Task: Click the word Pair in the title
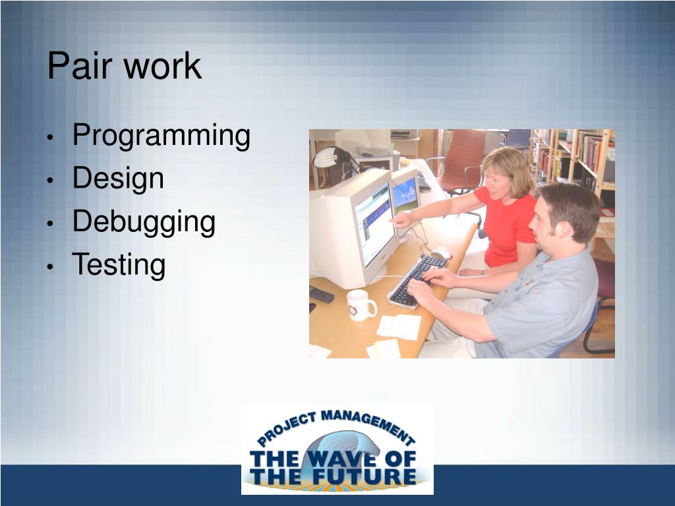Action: pos(80,65)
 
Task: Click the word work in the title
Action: pos(163,67)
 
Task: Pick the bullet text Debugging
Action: pos(144,223)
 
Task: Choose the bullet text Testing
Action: pos(119,265)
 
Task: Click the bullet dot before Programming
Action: pos(50,138)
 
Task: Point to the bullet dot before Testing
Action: pos(50,267)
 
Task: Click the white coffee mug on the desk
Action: pos(361,305)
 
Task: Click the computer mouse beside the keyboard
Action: pos(441,252)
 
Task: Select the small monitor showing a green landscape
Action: pos(405,194)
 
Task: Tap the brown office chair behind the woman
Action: pos(459,162)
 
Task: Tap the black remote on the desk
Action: pos(321,295)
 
